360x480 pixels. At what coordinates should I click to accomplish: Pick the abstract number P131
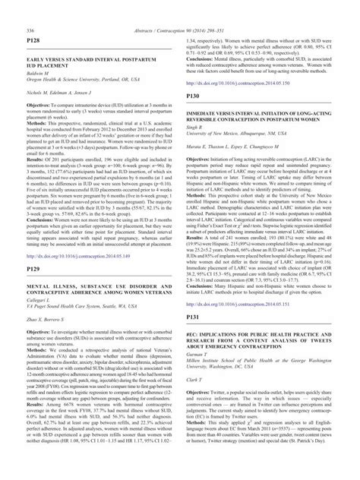[x=193, y=294]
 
